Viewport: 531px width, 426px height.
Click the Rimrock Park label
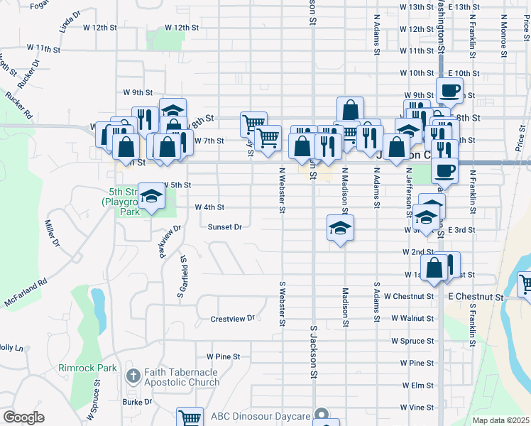[87, 368]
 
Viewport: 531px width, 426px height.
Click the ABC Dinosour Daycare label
[261, 415]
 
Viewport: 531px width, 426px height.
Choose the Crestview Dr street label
[232, 319]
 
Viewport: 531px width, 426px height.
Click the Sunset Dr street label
[225, 227]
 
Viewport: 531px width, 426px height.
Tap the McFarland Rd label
[28, 292]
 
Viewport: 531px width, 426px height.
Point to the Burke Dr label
[137, 402]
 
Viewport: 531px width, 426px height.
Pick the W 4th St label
[209, 207]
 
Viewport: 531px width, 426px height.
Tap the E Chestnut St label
[475, 296]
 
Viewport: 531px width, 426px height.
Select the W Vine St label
[417, 408]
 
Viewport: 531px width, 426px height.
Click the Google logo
[23, 417]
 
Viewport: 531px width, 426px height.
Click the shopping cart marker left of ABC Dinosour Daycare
[190, 417]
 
